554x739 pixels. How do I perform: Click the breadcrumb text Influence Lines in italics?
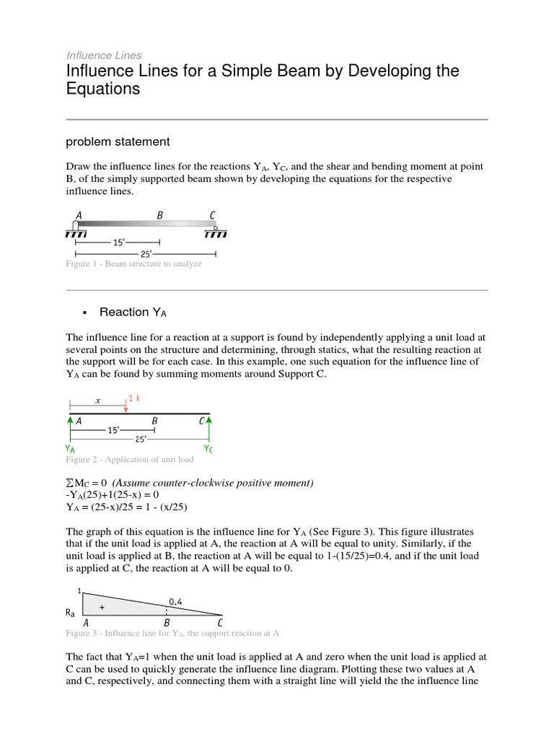tap(104, 55)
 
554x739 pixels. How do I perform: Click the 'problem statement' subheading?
tap(118, 141)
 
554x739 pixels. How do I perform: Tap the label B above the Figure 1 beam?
tap(160, 215)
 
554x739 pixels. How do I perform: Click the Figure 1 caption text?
tap(133, 264)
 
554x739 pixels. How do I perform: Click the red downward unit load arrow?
tap(126, 406)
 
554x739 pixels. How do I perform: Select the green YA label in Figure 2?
tap(71, 449)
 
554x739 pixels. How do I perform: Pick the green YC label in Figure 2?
tap(208, 449)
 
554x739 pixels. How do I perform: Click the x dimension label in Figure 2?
tap(97, 401)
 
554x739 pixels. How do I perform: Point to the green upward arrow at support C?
tap(209, 425)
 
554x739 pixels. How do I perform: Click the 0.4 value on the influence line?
tap(175, 601)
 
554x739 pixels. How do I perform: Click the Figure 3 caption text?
tap(172, 633)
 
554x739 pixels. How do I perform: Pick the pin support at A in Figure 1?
tap(76, 228)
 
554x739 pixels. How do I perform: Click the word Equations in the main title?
tap(102, 89)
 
